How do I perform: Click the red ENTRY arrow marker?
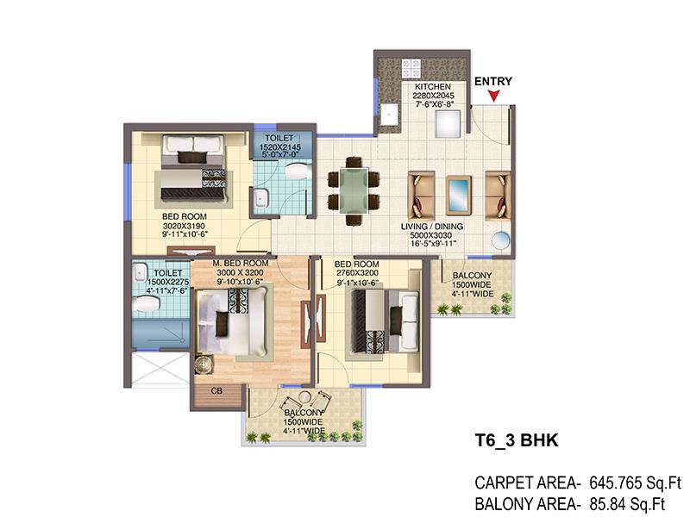pos(494,96)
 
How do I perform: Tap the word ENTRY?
pos(492,81)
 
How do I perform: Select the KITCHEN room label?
pos(433,87)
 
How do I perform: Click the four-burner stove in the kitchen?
pos(411,69)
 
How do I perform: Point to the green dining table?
pos(354,191)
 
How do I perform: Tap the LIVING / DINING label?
pos(432,227)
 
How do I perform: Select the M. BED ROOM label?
pos(241,264)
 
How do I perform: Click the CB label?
pos(216,390)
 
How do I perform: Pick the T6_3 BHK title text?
pos(517,440)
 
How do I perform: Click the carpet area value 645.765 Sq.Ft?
pos(635,483)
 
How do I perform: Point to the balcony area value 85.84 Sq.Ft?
pos(627,504)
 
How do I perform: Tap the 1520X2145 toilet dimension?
pos(279,146)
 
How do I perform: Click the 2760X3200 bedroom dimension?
pos(357,273)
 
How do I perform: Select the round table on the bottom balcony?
pos(304,397)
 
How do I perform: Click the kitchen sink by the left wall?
pos(390,115)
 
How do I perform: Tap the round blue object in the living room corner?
pos(501,241)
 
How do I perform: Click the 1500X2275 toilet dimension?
pos(168,282)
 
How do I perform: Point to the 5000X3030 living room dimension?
pos(431,235)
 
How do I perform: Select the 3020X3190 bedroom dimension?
pos(184,226)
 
